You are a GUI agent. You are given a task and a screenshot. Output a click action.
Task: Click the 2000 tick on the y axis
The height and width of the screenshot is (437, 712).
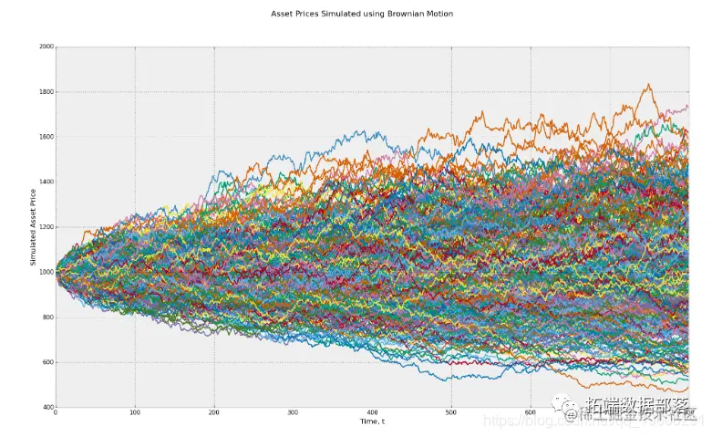click(46, 47)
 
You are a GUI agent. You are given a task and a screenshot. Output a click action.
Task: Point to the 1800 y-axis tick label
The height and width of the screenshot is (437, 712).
click(46, 92)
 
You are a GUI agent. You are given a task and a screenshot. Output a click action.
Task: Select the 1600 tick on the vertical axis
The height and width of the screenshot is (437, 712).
click(46, 137)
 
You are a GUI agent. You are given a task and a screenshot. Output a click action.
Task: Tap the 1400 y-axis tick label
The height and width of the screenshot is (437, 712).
click(46, 182)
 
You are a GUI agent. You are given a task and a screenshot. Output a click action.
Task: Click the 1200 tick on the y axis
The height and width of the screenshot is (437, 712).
click(46, 227)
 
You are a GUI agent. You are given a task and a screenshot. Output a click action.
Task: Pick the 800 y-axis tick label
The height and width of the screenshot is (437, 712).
click(46, 317)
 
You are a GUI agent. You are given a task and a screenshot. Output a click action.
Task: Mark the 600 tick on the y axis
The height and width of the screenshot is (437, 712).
click(46, 362)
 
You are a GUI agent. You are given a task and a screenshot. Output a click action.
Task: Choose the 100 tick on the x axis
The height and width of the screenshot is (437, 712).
click(135, 413)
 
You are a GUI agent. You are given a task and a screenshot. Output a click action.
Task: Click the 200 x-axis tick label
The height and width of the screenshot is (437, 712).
click(213, 413)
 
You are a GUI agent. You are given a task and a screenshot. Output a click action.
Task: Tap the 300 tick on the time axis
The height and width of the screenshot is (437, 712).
click(293, 413)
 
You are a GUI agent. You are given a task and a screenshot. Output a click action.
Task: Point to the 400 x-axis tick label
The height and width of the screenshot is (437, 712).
click(372, 413)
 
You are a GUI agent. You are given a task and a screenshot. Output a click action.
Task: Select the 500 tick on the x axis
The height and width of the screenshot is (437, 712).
click(450, 413)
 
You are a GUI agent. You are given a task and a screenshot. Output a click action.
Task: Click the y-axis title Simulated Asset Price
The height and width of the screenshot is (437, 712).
click(32, 226)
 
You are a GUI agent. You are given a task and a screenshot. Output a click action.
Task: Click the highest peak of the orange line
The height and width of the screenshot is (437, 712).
click(648, 85)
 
